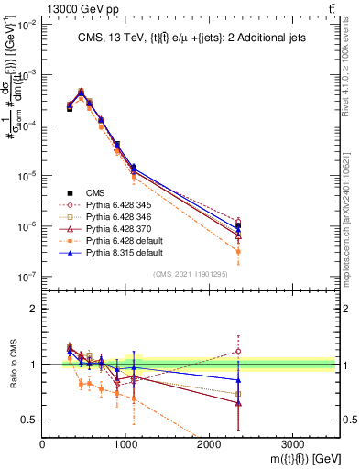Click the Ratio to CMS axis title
click(16, 376)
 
